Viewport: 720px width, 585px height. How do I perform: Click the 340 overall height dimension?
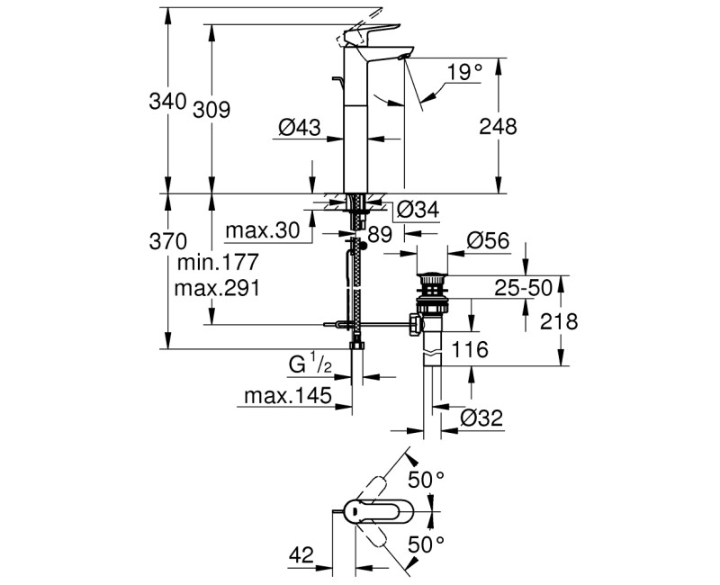167,101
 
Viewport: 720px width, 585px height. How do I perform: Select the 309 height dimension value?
211,110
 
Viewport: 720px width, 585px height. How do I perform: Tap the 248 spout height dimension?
498,126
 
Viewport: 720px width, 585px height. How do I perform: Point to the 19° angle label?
465,73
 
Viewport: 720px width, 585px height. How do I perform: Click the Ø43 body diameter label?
300,127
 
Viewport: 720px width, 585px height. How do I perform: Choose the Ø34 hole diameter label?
418,210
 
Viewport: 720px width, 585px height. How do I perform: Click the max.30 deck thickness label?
263,230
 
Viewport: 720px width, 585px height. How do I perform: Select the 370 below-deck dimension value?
168,241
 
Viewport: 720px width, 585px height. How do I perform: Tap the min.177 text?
218,263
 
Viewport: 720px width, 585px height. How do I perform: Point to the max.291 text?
217,288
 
